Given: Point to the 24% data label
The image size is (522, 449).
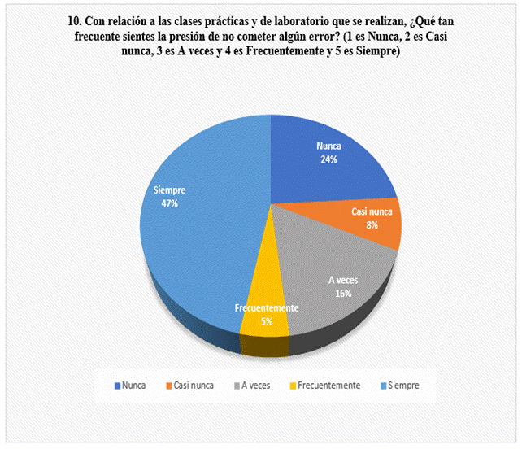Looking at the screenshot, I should (x=328, y=160).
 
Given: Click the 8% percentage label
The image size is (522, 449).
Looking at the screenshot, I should (x=372, y=224).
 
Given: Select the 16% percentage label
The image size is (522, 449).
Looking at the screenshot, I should (x=343, y=293).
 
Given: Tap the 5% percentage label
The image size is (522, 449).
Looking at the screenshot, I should (x=267, y=322).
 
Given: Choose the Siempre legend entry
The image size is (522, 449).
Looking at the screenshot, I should (x=399, y=385).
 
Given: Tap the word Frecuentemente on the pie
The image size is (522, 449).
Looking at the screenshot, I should (x=267, y=309).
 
